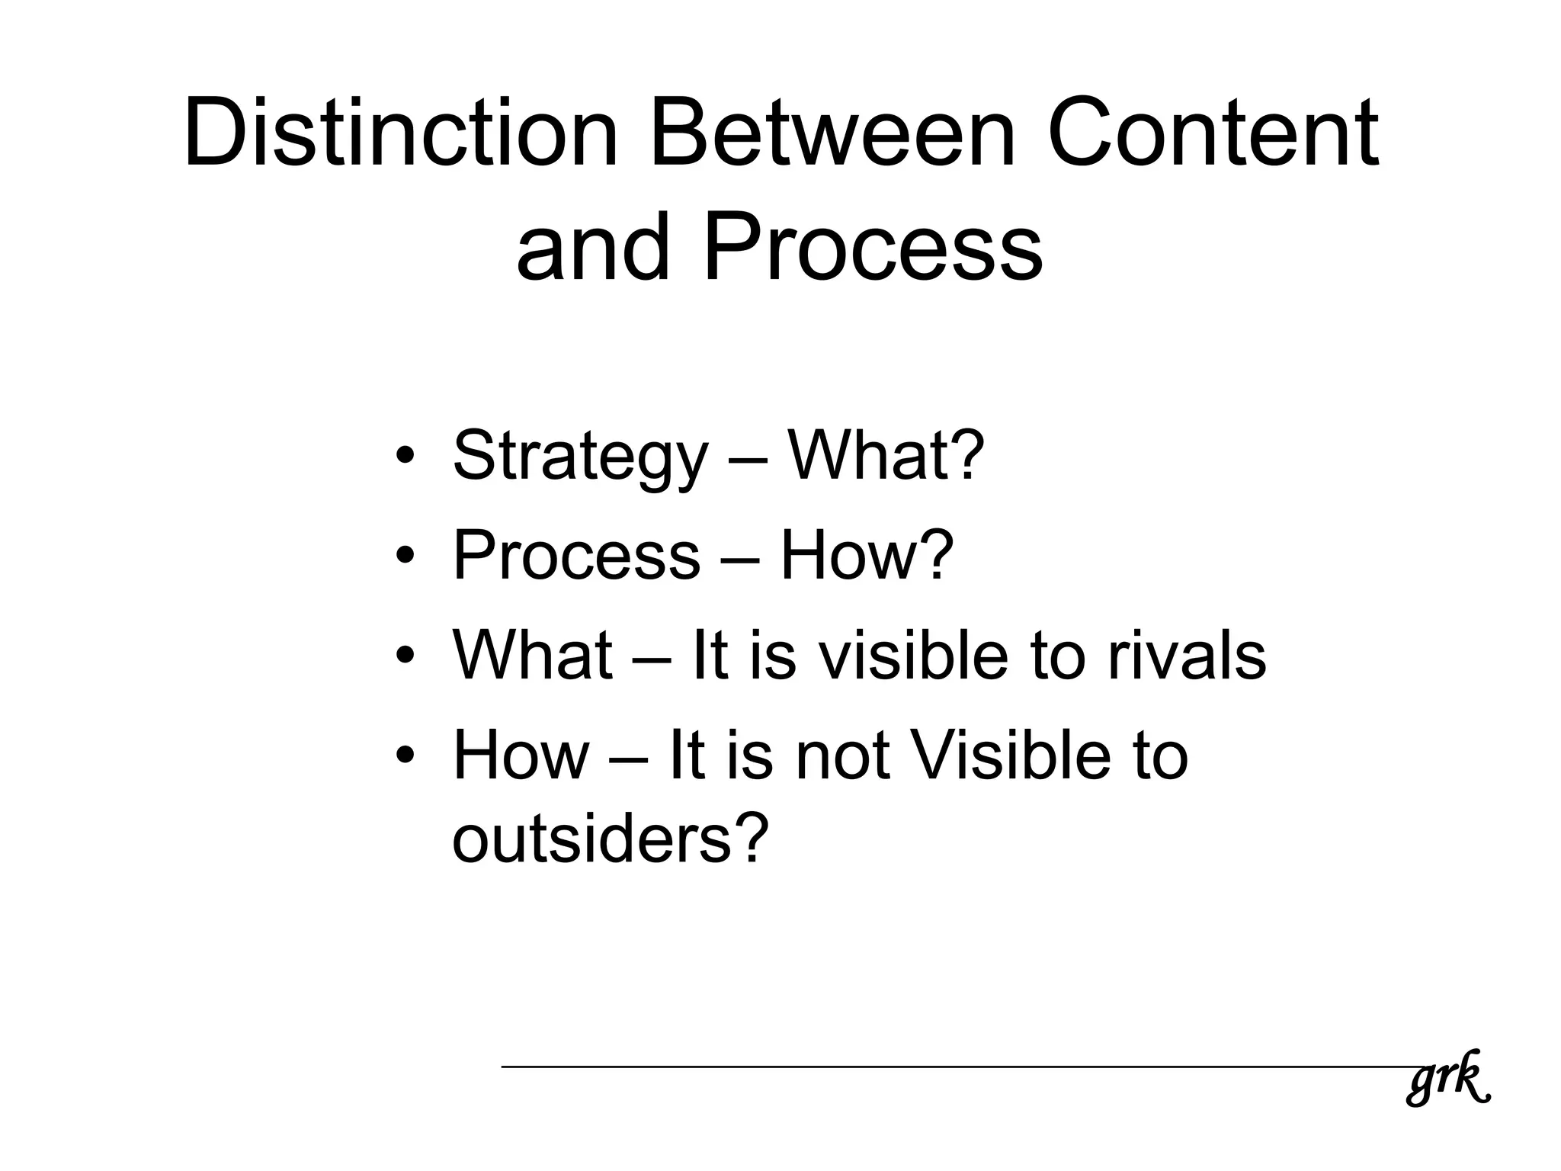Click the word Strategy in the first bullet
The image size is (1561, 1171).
pyautogui.click(x=580, y=457)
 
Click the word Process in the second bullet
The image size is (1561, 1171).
pyautogui.click(x=576, y=556)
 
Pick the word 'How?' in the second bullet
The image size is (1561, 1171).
pyautogui.click(x=867, y=556)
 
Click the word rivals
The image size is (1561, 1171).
pyautogui.click(x=1186, y=655)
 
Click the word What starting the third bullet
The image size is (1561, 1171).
pyautogui.click(x=532, y=655)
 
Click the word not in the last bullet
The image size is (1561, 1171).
pyautogui.click(x=843, y=756)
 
